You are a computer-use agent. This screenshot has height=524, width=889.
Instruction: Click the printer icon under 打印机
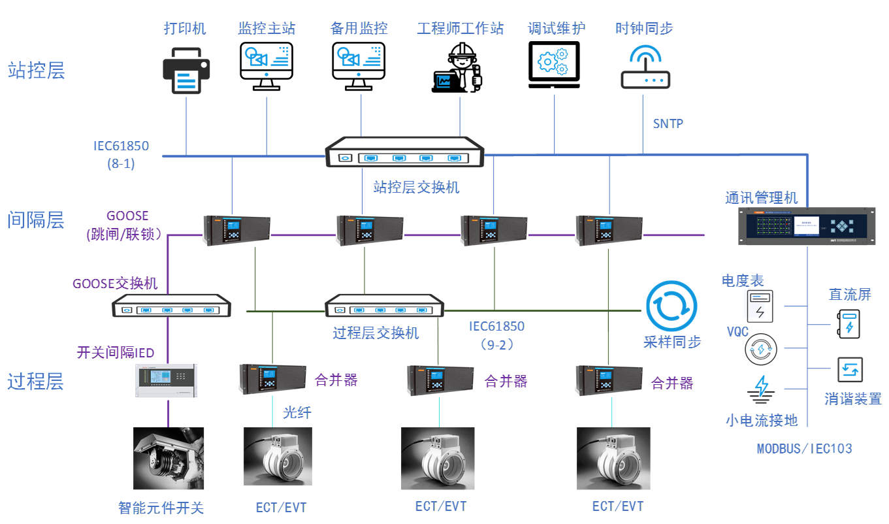(x=186, y=69)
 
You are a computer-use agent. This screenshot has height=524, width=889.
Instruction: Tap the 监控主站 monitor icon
(x=267, y=65)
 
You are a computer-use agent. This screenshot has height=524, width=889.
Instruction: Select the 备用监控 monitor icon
(x=359, y=65)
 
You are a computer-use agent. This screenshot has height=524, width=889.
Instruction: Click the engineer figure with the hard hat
(x=459, y=67)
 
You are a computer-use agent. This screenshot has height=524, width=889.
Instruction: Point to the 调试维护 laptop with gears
(x=553, y=65)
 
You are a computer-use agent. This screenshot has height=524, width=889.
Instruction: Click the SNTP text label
(x=668, y=123)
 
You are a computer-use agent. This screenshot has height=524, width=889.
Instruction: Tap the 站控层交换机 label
(x=416, y=188)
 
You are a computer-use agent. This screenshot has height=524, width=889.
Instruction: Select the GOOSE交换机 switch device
(x=172, y=306)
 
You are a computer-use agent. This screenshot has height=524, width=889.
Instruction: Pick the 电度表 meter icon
(x=760, y=306)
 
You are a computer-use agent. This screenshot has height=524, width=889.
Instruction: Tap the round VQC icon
(x=760, y=349)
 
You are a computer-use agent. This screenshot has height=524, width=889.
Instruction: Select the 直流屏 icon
(x=849, y=323)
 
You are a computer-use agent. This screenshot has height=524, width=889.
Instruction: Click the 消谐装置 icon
(x=850, y=370)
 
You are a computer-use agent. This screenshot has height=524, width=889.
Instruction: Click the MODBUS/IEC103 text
(x=804, y=449)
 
